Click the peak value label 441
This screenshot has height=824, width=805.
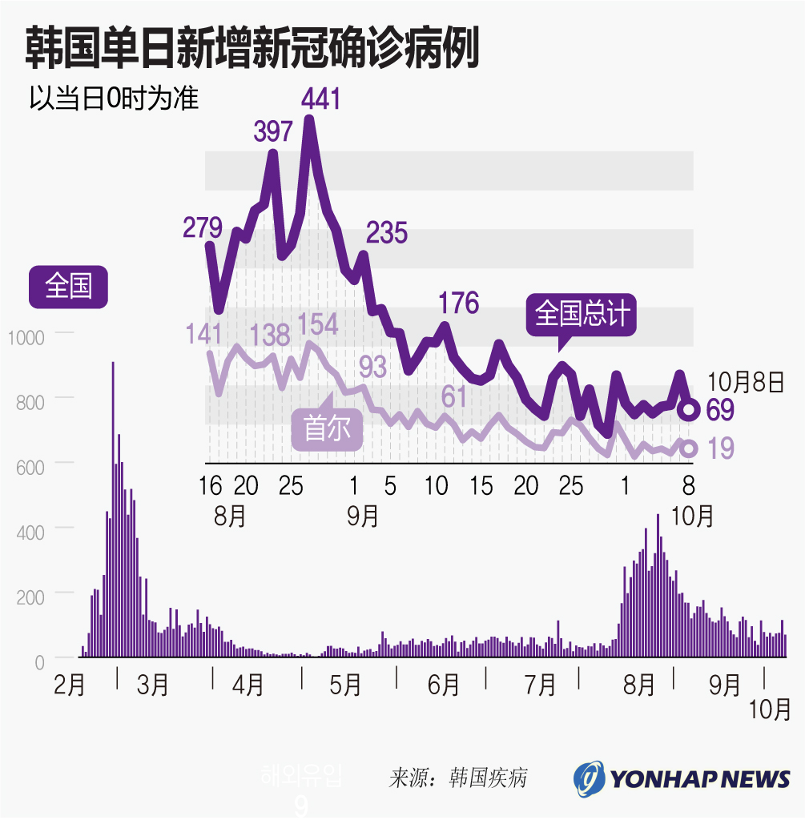[320, 99]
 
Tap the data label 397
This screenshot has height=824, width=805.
[273, 131]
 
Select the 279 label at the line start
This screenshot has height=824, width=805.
[202, 227]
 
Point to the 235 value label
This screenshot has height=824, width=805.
[387, 233]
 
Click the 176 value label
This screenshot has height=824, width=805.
[458, 303]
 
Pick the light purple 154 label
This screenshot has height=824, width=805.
[318, 324]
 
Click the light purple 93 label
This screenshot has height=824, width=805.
[372, 366]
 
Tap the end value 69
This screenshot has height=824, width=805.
[720, 410]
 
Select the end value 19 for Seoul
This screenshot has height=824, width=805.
[721, 448]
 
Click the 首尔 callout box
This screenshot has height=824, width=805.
[327, 429]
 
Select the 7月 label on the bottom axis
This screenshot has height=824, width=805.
[540, 685]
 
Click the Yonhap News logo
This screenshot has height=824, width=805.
[682, 778]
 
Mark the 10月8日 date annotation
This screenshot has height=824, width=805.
[747, 383]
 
